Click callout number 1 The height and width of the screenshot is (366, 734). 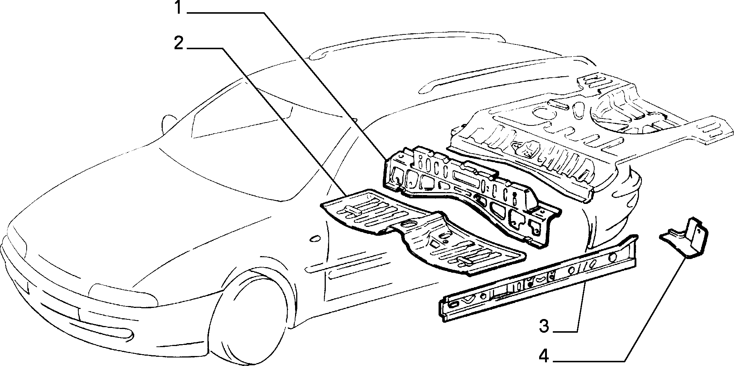(179, 8)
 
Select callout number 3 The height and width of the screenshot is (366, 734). (544, 327)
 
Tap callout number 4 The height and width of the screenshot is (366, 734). (543, 357)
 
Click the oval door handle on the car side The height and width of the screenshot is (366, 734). (315, 239)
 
